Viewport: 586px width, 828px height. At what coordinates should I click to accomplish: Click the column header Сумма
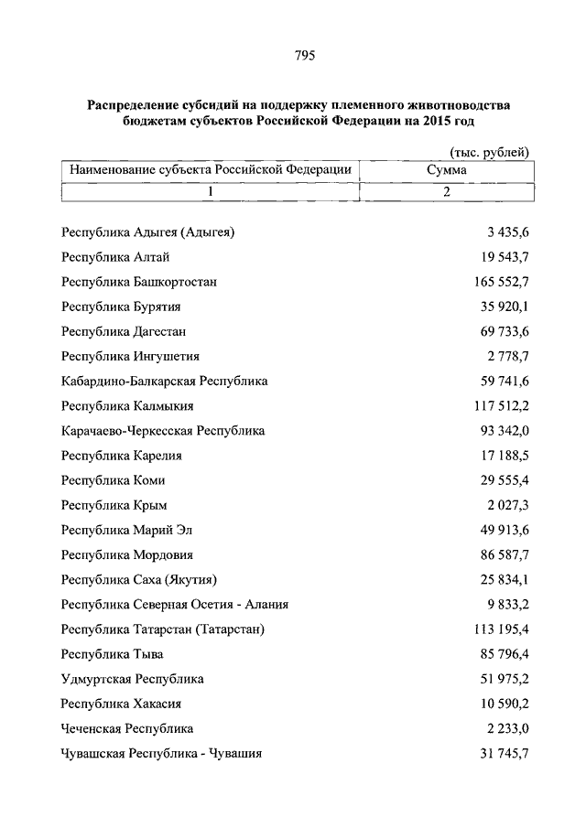446,170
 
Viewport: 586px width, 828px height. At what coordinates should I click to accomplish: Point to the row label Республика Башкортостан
139,282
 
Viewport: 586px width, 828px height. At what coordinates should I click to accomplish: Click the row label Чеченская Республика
127,729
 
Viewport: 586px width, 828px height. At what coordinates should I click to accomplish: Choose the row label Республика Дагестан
125,331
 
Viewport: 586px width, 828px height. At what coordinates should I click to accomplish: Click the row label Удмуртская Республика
133,680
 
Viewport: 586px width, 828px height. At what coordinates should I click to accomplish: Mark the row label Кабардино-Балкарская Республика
165,382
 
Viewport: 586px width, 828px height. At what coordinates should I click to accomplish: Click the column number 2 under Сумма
446,192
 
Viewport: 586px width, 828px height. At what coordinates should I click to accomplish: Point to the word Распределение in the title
135,106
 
